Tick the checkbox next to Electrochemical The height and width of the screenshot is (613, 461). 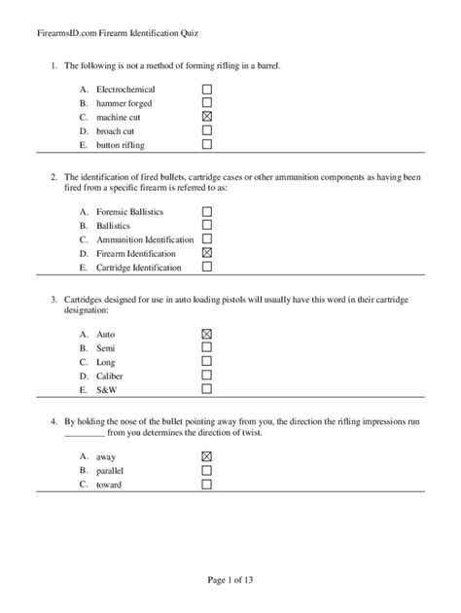(x=207, y=89)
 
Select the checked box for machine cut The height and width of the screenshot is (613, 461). (x=207, y=116)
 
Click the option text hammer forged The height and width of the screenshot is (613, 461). (x=124, y=103)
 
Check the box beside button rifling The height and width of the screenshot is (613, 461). (x=207, y=144)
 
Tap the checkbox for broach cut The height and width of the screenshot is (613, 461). (x=207, y=130)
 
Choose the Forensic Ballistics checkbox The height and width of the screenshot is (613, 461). (x=207, y=211)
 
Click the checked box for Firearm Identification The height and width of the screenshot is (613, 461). (x=207, y=252)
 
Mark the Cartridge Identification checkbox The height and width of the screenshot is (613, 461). (x=207, y=267)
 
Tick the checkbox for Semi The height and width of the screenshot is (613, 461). (x=206, y=347)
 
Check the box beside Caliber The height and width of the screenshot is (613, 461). (x=206, y=375)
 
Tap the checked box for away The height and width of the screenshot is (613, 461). (x=206, y=456)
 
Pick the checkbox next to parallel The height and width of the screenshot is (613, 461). (x=206, y=470)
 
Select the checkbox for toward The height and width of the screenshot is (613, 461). (x=206, y=484)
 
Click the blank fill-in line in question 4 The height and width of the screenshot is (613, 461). (x=83, y=435)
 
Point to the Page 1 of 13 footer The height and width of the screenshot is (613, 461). (x=230, y=581)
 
